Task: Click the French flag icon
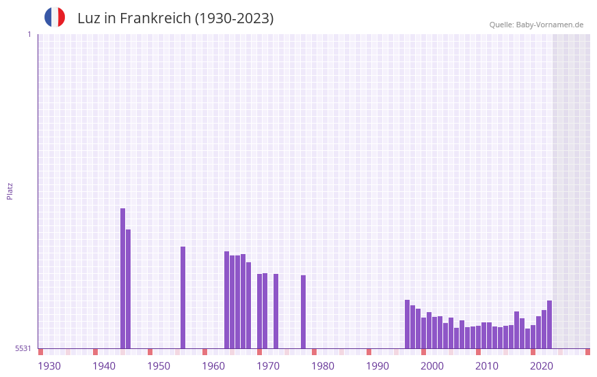click(55, 17)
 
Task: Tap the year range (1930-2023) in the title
click(235, 18)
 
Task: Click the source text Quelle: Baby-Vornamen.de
click(536, 25)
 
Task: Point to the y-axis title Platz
click(10, 191)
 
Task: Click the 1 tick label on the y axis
click(29, 34)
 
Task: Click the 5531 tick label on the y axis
click(23, 348)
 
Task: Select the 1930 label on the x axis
click(49, 366)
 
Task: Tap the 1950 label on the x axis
click(159, 366)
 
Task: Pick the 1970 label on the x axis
click(268, 366)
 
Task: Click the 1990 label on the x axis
click(377, 366)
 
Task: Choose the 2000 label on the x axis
click(432, 366)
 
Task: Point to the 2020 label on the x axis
click(542, 366)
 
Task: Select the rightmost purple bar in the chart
click(549, 324)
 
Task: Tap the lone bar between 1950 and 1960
click(183, 297)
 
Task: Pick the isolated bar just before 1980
click(304, 311)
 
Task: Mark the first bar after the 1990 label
click(408, 324)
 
